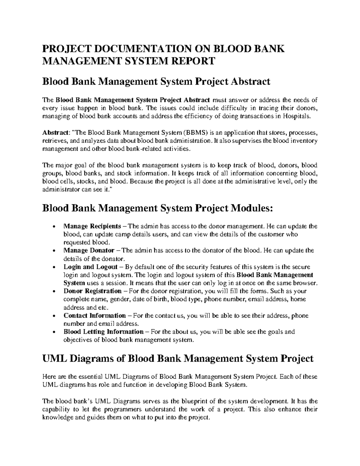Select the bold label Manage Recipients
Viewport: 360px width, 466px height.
92,226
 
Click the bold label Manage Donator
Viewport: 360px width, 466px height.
89,250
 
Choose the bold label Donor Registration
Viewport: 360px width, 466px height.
92,291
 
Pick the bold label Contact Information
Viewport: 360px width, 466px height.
94,316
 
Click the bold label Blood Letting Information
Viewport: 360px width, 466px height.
103,332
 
